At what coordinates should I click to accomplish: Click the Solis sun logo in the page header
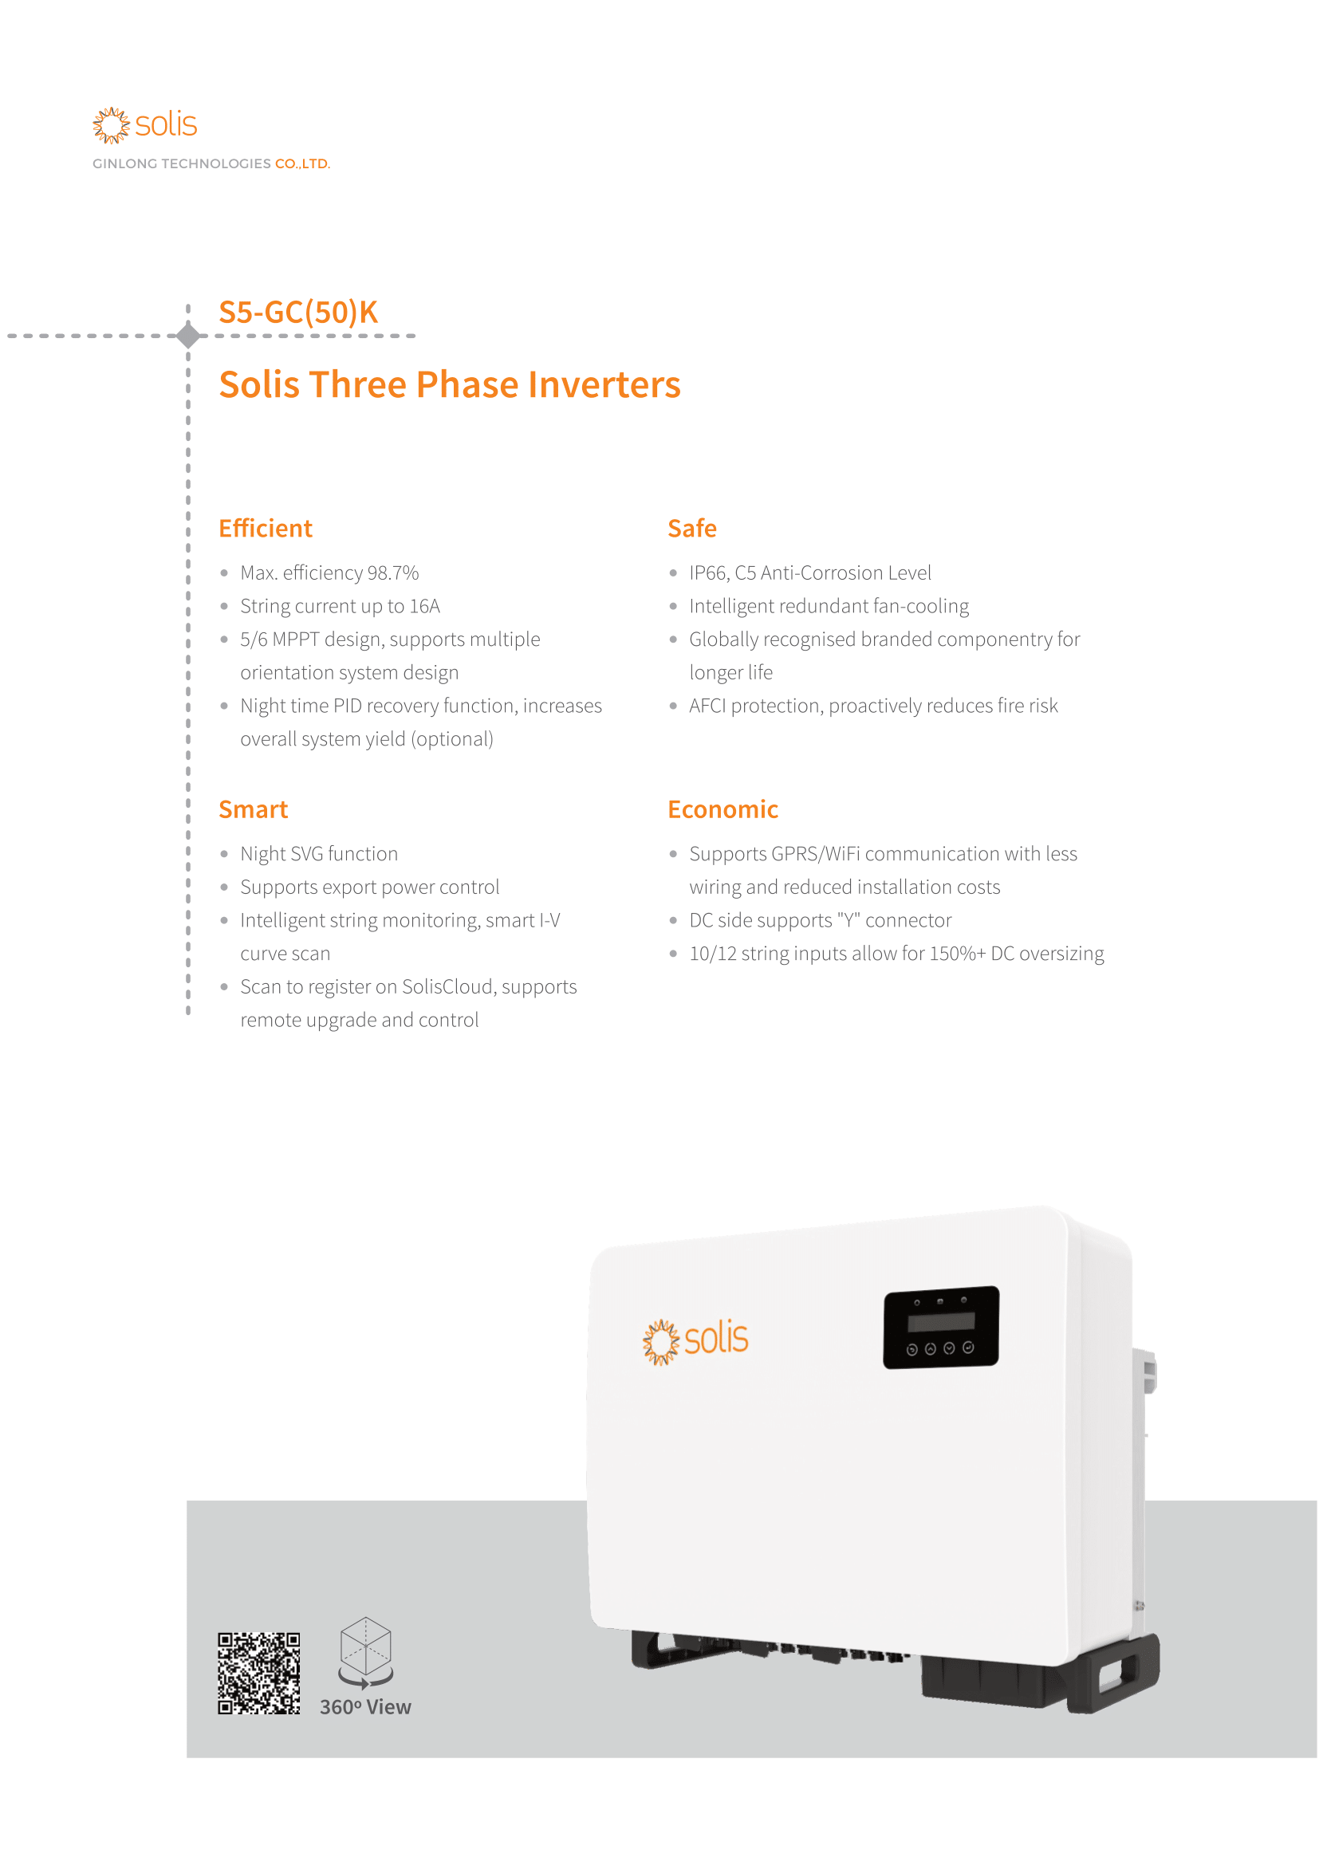pos(112,125)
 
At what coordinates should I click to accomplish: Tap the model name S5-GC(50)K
pos(298,313)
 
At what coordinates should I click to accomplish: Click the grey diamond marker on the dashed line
pos(188,336)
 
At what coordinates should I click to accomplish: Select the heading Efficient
pos(265,529)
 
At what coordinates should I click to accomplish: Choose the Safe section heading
pos(692,529)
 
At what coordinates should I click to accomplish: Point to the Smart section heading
pos(254,810)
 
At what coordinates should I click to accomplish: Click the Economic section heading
pos(722,810)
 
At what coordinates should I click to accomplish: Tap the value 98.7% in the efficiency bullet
pos(393,573)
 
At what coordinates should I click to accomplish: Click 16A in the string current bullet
pos(425,607)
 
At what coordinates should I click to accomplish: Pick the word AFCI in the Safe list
pos(707,706)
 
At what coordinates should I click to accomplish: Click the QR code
pos(259,1674)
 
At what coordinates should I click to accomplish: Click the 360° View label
pos(365,1706)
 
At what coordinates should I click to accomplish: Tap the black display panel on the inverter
pos(940,1328)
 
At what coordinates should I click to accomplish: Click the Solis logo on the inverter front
pos(695,1340)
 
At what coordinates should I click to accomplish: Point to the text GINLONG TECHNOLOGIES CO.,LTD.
pos(211,164)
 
